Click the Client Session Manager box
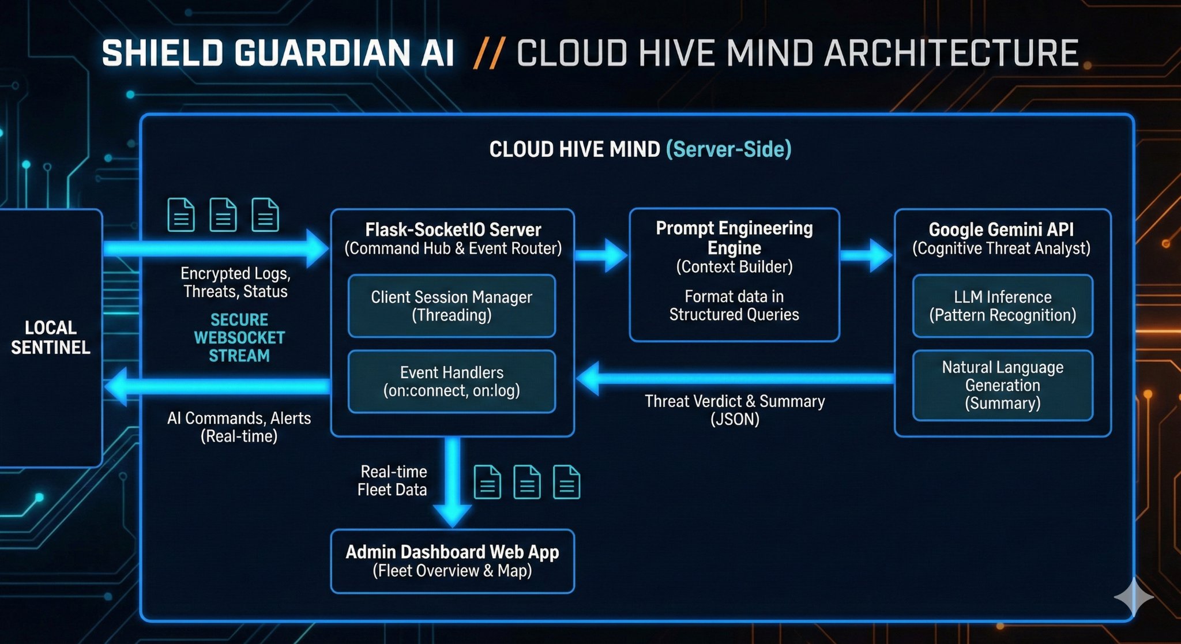point(452,306)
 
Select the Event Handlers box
point(452,382)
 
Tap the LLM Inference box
point(1002,306)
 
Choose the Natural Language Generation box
point(1002,385)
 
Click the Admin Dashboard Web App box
point(452,561)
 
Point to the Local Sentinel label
point(51,337)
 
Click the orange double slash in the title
point(489,54)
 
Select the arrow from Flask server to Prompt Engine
point(601,254)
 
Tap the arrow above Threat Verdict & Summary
point(735,379)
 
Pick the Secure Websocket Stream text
point(239,338)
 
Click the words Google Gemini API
point(1001,229)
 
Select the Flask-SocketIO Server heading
point(453,229)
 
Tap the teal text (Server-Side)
point(728,149)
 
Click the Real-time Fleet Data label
point(393,481)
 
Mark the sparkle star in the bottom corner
point(1133,597)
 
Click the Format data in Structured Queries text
point(734,306)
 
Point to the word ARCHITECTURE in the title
point(951,54)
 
